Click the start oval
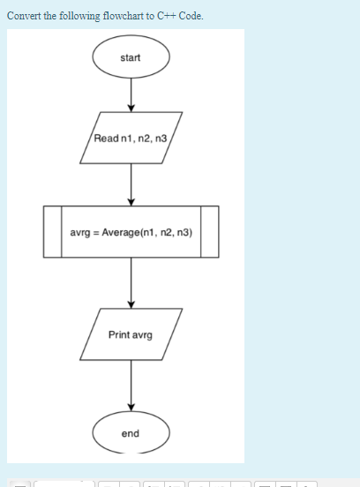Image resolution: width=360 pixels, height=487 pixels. (x=131, y=57)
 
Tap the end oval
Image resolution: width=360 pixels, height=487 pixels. (x=131, y=433)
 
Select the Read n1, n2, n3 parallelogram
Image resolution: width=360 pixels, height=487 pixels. (x=131, y=138)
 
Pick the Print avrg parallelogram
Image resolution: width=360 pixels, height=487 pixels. (x=131, y=334)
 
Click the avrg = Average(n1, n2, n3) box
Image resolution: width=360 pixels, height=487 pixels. (x=131, y=232)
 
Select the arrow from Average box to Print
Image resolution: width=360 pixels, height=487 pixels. (x=131, y=282)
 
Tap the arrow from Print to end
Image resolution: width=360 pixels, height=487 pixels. (x=131, y=386)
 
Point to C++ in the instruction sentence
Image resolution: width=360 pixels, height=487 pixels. (x=165, y=16)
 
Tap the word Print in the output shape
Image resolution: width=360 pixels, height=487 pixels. (x=119, y=334)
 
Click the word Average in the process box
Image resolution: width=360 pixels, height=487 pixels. (x=117, y=232)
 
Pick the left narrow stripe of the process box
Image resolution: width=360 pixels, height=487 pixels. (x=52, y=232)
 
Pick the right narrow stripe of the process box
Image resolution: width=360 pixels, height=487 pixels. (x=209, y=232)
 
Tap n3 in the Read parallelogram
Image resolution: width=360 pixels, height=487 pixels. (x=161, y=138)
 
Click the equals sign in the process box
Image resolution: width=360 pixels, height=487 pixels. (x=95, y=232)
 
